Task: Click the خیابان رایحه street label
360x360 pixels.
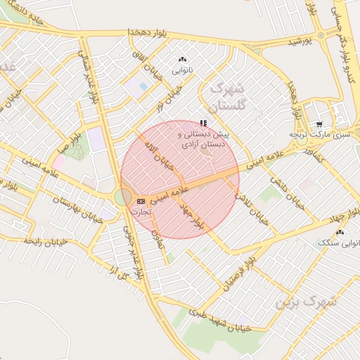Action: point(45,241)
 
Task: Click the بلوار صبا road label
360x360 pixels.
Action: point(70,140)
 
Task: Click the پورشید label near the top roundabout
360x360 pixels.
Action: point(300,42)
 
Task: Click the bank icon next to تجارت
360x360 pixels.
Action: point(141,201)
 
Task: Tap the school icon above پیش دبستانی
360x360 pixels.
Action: point(204,122)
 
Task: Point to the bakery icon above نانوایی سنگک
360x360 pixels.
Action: point(340,231)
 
